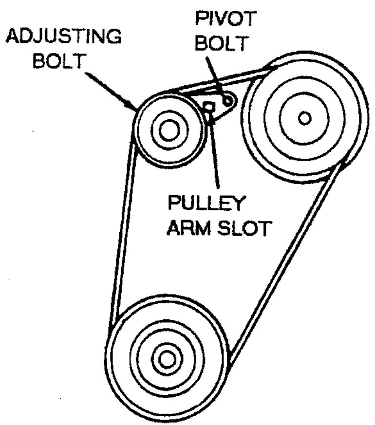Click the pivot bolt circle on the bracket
pos(227,100)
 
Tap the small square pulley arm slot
pos(209,106)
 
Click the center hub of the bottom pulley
pos(166,360)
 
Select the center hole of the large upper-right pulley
pos(305,117)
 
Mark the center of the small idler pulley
pos(168,130)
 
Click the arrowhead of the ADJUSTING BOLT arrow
pos(132,106)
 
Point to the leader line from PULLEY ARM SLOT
pos(215,156)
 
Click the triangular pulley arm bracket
pos(217,110)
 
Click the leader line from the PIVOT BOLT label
pos(214,73)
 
